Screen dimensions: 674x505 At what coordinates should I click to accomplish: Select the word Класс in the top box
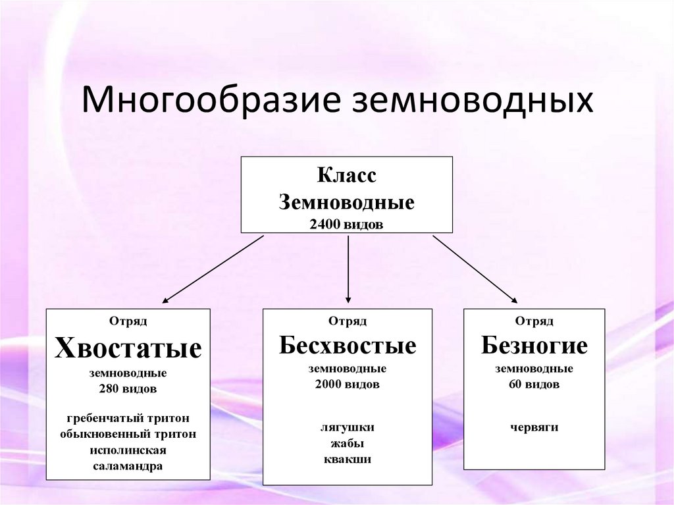point(347,176)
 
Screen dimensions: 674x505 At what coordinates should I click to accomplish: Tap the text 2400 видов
point(347,225)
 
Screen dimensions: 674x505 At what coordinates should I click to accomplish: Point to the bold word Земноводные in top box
point(347,201)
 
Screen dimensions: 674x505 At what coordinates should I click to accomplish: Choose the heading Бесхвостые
point(348,346)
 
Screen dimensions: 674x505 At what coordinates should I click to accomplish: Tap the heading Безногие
point(534,345)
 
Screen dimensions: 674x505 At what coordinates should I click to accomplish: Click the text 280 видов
point(128,389)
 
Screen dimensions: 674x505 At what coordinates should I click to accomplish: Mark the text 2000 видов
point(348,385)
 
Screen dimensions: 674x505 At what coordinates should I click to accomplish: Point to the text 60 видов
point(534,385)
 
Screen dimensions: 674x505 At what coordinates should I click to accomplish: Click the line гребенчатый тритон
point(128,418)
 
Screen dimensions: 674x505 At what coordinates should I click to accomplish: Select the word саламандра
point(128,466)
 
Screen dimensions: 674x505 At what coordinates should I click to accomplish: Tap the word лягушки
point(348,427)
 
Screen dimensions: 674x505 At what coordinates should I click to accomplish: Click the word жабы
point(348,443)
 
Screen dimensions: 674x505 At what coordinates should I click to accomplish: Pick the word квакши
point(348,459)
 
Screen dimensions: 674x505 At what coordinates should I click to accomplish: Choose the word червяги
point(534,427)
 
